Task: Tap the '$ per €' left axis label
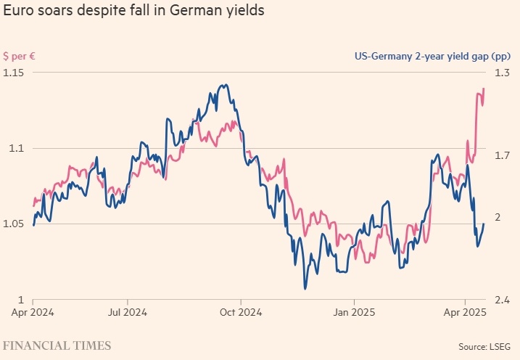pyautogui.click(x=19, y=56)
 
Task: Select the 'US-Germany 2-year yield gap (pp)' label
pyautogui.click(x=432, y=56)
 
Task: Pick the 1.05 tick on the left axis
pyautogui.click(x=14, y=224)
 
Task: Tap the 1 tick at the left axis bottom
pyautogui.click(x=6, y=299)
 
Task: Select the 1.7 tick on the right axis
pyautogui.click(x=502, y=155)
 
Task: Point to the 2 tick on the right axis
pyautogui.click(x=498, y=217)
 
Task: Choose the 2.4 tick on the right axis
pyautogui.click(x=502, y=299)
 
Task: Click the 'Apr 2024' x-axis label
pyautogui.click(x=33, y=313)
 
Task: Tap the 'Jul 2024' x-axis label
pyautogui.click(x=128, y=313)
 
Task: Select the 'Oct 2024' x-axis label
pyautogui.click(x=241, y=313)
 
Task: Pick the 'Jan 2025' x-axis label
pyautogui.click(x=354, y=313)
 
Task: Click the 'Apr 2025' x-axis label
pyautogui.click(x=464, y=313)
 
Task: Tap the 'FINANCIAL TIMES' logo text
pyautogui.click(x=57, y=345)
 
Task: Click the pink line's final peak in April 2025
pyautogui.click(x=484, y=89)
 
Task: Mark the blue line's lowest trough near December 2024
pyautogui.click(x=305, y=289)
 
